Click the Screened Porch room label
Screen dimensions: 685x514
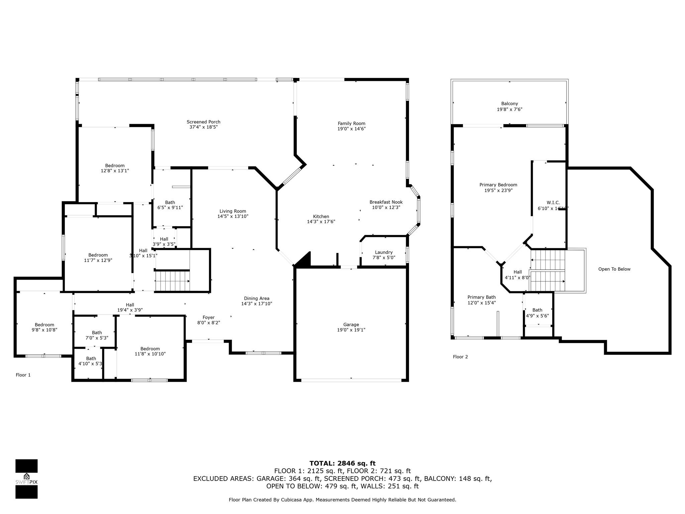click(x=203, y=122)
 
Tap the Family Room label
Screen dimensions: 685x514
click(x=352, y=123)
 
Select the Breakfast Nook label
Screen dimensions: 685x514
click(x=386, y=202)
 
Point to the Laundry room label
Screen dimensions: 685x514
click(x=384, y=252)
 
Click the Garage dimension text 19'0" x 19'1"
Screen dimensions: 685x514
click(x=351, y=330)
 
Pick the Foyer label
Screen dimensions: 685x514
click(x=208, y=318)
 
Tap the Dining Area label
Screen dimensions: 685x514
click(x=257, y=298)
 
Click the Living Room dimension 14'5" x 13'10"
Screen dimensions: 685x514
click(x=233, y=217)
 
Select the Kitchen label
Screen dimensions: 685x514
click(x=321, y=217)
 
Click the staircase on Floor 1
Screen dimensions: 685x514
click(x=173, y=281)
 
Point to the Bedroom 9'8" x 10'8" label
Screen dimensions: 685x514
click(x=44, y=325)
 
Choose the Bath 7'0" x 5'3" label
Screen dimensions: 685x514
click(x=97, y=333)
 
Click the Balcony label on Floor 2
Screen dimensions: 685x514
click(x=509, y=104)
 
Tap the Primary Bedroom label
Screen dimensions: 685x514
click(x=498, y=185)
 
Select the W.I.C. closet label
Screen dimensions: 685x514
click(x=553, y=202)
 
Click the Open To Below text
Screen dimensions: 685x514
click(x=614, y=269)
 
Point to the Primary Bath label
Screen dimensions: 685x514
click(x=482, y=297)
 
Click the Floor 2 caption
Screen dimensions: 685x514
click(x=460, y=357)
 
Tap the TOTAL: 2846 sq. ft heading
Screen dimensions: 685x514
click(x=342, y=463)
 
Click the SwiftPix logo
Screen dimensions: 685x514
click(x=26, y=479)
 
